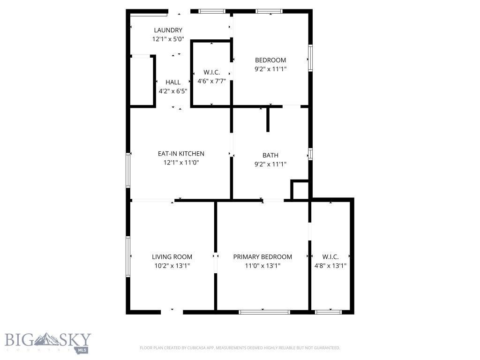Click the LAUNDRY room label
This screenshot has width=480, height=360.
[x=167, y=30]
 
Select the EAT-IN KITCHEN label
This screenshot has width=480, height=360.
[x=181, y=154]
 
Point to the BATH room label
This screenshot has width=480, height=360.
[x=270, y=155]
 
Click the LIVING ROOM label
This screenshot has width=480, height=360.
[x=172, y=257]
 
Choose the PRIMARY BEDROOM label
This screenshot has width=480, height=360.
[x=262, y=257]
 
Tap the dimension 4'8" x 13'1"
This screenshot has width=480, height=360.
[x=330, y=266]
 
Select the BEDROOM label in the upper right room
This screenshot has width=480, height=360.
[x=270, y=60]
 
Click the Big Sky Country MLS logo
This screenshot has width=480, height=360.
[x=48, y=343]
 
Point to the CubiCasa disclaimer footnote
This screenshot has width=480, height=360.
[x=240, y=348]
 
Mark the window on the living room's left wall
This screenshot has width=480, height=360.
[x=127, y=256]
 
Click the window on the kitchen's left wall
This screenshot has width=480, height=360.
[x=127, y=170]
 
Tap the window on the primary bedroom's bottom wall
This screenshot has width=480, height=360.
[x=264, y=312]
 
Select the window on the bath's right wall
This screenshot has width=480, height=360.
[x=310, y=154]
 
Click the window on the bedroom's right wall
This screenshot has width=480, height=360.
[x=310, y=58]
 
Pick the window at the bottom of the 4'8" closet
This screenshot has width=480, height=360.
[x=328, y=312]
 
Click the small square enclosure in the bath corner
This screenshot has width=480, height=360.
[x=300, y=190]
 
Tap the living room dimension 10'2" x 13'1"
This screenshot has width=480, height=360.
[x=172, y=266]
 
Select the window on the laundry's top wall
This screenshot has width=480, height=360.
[x=212, y=11]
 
